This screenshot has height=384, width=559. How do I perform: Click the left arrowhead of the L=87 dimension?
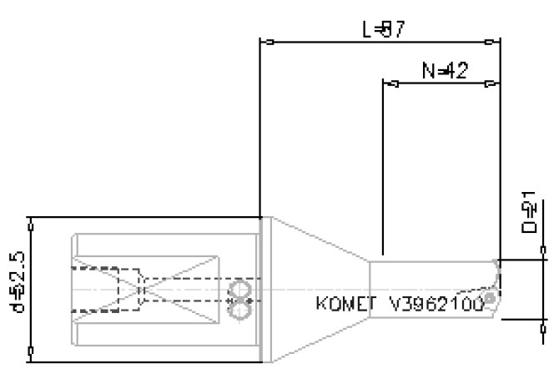click(267, 40)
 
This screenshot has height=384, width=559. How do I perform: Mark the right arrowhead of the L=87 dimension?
click(495, 40)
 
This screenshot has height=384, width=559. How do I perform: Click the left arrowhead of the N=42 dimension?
click(388, 83)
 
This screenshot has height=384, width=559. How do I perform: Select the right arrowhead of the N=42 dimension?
click(495, 83)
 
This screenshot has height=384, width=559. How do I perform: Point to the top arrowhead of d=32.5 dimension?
click(31, 223)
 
